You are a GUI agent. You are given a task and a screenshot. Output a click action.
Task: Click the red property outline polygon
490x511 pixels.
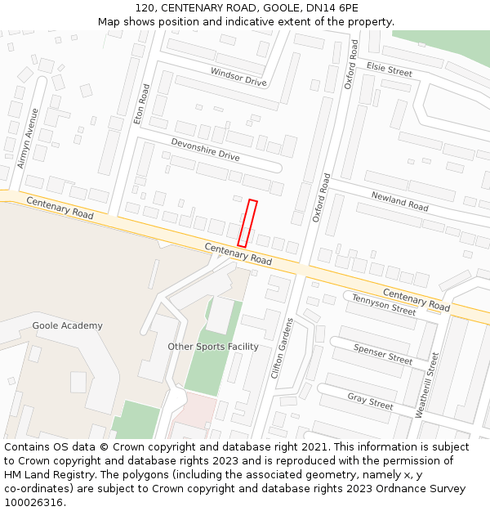coord(247,223)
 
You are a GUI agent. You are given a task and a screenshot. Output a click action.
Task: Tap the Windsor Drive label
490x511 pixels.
coord(238,77)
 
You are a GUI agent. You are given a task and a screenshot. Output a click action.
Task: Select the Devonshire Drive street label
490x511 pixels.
coord(205,150)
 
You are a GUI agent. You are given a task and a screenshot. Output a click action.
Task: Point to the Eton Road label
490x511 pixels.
coord(142,104)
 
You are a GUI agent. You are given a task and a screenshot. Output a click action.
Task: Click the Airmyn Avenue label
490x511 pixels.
coord(28,138)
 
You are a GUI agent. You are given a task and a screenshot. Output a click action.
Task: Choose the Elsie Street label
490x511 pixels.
coord(390,69)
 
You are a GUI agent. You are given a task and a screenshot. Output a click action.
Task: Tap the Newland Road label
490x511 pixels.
coord(399,201)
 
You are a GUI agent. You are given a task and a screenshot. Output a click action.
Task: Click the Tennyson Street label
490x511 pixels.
coord(384,304)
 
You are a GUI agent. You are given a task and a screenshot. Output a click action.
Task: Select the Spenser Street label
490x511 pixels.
coord(383,353)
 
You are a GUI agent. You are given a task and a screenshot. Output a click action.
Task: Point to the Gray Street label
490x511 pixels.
coord(370,401)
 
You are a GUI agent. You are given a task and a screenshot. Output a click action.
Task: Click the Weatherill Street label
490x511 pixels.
coord(428,385)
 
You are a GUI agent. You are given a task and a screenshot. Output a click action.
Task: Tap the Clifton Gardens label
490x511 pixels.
coord(281,347)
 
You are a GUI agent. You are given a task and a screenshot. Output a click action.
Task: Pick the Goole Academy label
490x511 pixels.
coord(68,325)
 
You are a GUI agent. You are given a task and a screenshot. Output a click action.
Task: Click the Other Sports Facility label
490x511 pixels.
coord(213,347)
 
